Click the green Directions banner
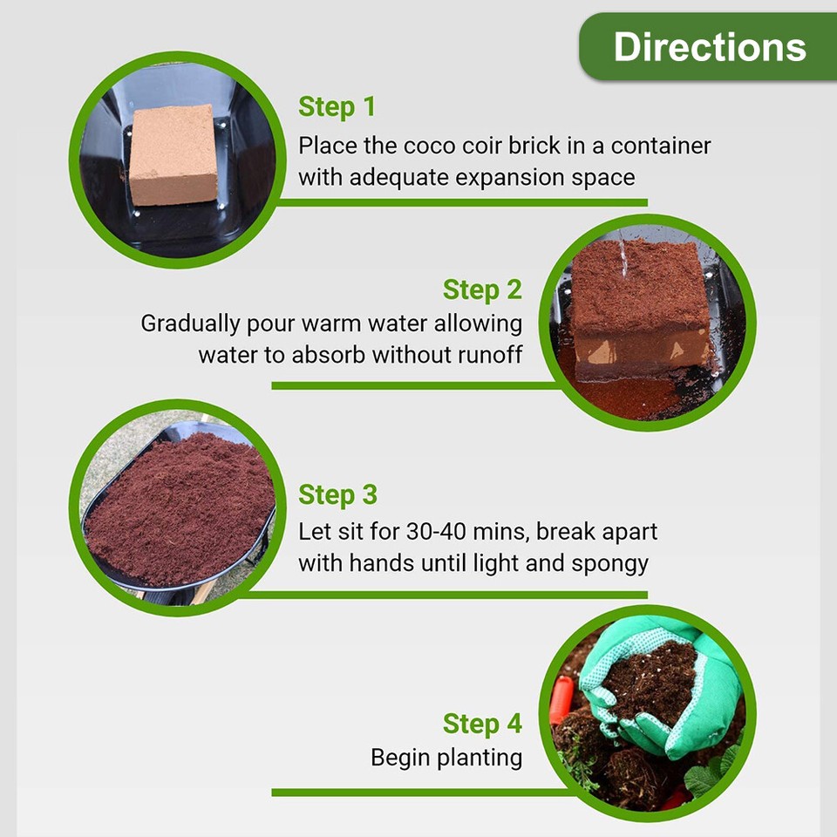[708, 47]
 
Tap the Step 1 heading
[337, 107]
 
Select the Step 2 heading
[482, 289]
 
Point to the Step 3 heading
[337, 494]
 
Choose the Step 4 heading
[482, 724]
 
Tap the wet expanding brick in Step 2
[641, 310]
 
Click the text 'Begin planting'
[446, 757]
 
